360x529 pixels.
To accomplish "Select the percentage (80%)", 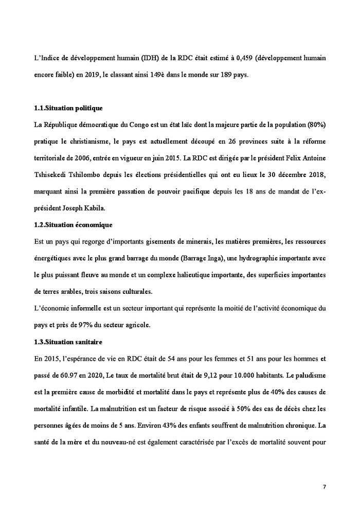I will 316,125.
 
